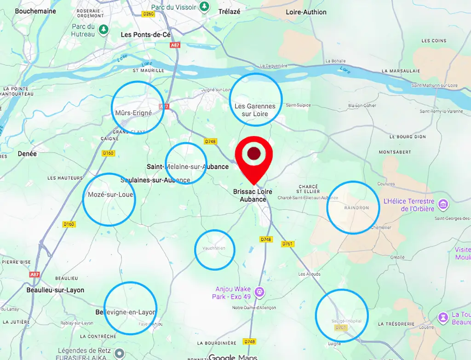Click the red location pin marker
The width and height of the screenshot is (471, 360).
point(254,156)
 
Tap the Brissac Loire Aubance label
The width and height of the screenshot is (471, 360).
point(253,195)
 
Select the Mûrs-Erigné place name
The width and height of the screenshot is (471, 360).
point(133,113)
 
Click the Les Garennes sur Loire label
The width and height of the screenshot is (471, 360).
point(255,110)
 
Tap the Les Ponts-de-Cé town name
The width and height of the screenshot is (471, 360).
point(145,34)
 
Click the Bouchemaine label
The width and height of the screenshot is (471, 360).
point(35,11)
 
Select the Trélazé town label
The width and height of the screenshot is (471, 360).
point(230,11)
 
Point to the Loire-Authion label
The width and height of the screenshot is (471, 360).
point(306,12)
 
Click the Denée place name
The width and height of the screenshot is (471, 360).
point(27,154)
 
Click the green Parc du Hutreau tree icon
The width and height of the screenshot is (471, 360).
point(104,29)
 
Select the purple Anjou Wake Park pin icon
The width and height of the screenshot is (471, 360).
point(259,291)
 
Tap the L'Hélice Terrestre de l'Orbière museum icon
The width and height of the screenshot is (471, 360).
point(443,203)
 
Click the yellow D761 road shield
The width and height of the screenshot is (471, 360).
point(288,244)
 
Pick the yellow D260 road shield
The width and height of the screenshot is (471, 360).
point(149,14)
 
